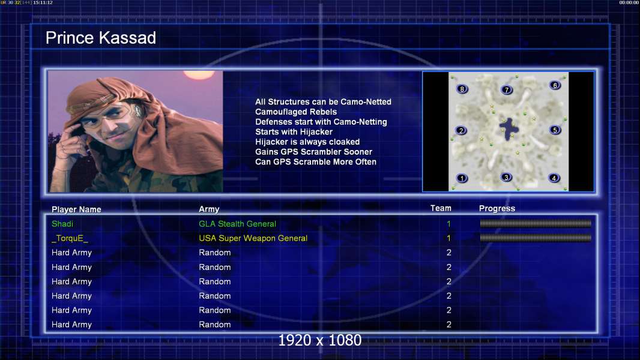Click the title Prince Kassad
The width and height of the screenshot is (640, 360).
101,38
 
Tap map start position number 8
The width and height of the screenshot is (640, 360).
462,89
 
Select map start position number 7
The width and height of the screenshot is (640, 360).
507,89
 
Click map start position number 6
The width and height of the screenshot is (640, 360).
555,85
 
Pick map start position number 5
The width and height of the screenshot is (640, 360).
555,130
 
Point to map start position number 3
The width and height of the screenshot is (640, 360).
506,178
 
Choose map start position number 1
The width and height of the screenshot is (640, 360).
462,178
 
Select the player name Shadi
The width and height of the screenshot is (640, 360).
62,224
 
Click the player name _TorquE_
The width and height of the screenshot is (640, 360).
70,238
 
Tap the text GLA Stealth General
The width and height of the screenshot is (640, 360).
237,224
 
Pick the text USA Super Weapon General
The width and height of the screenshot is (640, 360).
253,238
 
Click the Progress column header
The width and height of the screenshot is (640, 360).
497,208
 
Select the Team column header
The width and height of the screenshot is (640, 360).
441,208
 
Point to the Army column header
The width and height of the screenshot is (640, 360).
209,209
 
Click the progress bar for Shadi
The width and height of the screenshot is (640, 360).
536,223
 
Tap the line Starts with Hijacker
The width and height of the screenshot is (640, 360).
294,131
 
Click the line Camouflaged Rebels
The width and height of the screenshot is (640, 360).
296,112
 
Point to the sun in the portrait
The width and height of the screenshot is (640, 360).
198,74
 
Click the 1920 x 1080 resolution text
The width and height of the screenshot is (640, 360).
320,340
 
